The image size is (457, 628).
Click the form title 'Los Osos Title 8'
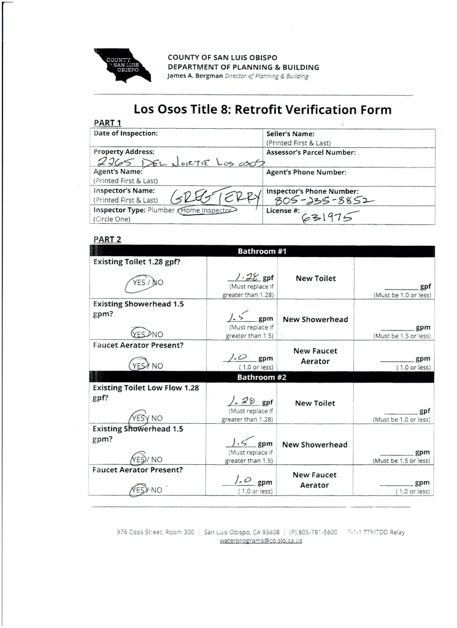point(262,110)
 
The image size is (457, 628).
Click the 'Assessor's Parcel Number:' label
point(311,151)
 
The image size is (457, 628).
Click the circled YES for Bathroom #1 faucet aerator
point(142,366)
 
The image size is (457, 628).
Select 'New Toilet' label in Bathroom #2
point(315,404)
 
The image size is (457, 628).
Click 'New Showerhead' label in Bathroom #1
point(315,320)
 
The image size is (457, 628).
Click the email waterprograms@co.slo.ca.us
point(261,541)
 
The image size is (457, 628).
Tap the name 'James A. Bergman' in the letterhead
point(194,76)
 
